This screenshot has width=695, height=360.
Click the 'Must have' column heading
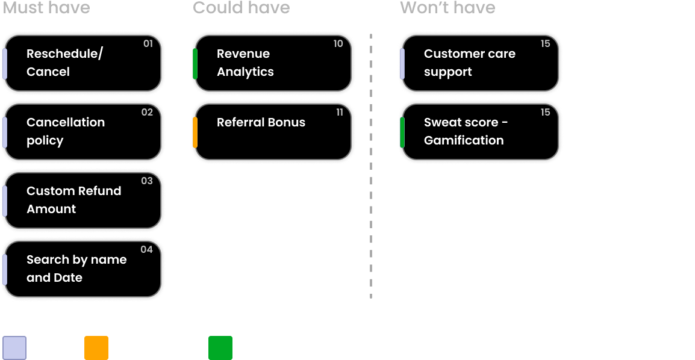click(46, 8)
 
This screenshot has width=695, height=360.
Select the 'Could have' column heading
click(241, 8)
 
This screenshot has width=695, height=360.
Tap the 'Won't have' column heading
click(447, 8)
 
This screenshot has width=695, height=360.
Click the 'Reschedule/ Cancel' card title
click(64, 63)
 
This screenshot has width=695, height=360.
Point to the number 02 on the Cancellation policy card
click(147, 112)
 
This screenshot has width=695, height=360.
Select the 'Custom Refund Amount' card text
click(73, 200)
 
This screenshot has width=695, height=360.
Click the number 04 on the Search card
click(146, 249)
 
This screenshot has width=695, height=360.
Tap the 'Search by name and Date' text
click(76, 268)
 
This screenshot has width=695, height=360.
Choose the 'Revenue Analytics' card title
click(245, 63)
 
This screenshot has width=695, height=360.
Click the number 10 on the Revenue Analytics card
click(338, 43)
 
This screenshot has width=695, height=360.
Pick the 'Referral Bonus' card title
click(261, 122)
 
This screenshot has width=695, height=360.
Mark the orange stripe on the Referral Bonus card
click(195, 132)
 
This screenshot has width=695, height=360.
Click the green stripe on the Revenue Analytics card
click(195, 64)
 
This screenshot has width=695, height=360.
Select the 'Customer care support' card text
click(469, 63)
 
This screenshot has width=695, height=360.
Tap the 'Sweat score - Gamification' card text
click(466, 131)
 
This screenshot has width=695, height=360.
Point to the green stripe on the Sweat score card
click(402, 132)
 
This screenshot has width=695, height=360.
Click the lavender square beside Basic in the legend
click(14, 347)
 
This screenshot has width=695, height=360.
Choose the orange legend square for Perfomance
click(96, 347)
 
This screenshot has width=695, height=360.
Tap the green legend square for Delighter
click(220, 347)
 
